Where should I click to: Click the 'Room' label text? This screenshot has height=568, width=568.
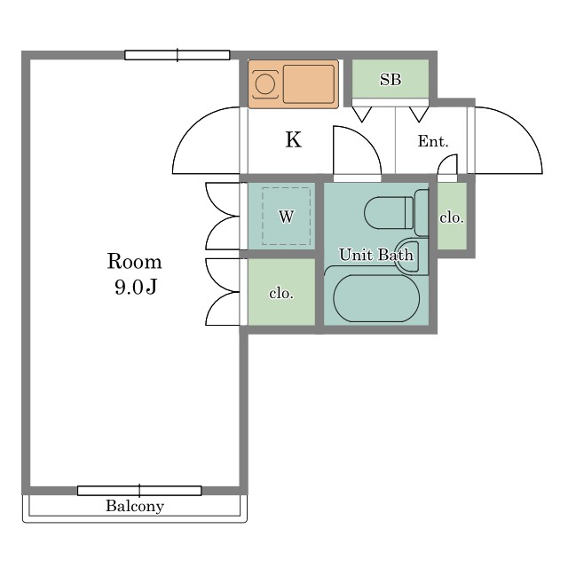pos(134,261)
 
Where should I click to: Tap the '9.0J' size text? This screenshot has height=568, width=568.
pos(136,287)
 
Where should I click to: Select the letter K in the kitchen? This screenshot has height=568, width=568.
pos(293,140)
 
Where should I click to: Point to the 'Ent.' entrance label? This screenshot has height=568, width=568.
pos(433,141)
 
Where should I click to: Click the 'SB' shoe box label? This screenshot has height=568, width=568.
pos(390,79)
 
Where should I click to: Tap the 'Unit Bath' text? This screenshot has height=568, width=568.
pos(376,255)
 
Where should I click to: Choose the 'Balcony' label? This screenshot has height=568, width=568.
pos(135,506)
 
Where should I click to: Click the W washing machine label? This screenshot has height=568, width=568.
pos(286,217)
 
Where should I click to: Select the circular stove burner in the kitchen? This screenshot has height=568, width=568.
pos(264,84)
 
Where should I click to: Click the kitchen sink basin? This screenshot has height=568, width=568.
pos(309,84)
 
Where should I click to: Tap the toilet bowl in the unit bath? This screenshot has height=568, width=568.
pos(389,213)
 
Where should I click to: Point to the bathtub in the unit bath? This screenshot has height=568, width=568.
pos(376,298)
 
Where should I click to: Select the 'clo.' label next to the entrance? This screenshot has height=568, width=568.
pos(452,217)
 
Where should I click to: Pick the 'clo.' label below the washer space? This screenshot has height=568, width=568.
pos(281,293)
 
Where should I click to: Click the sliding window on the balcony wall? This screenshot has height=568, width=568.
pos(139,491)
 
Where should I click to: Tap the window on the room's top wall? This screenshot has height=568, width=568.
pos(177,55)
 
